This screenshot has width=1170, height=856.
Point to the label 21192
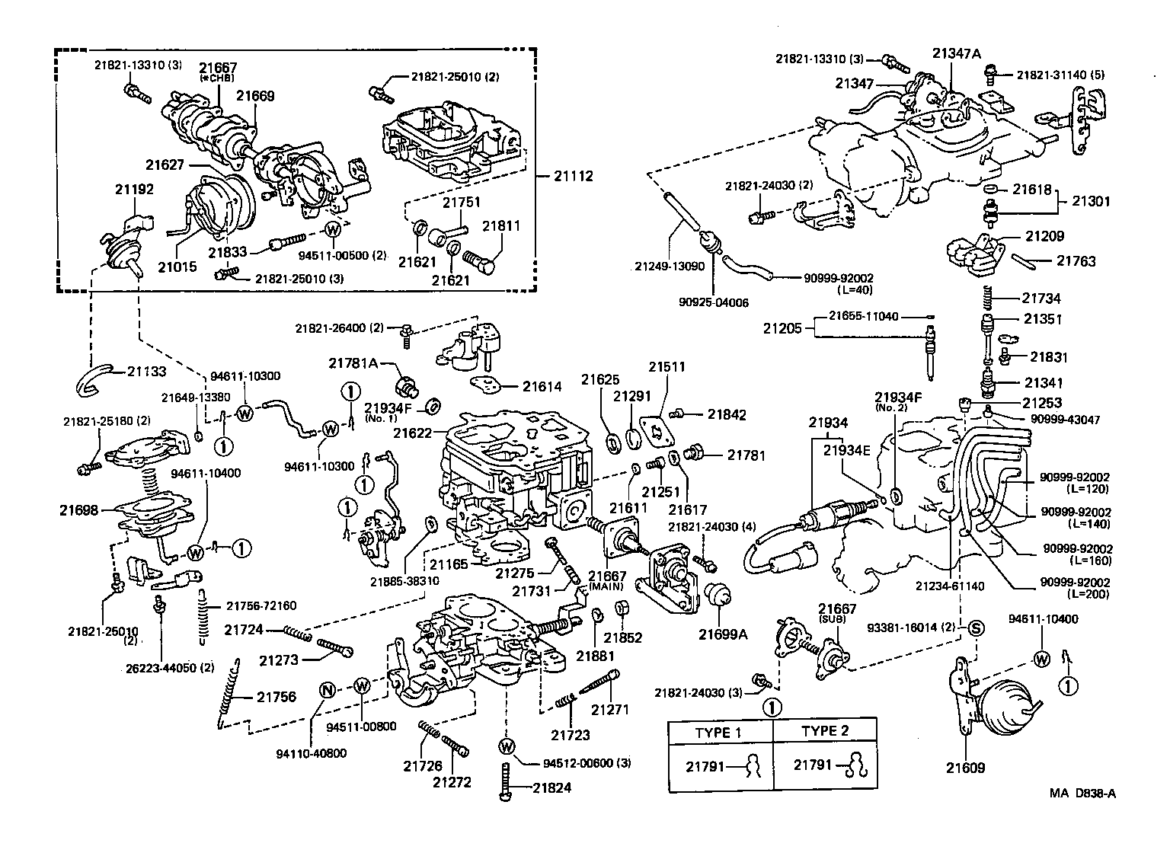point(134,190)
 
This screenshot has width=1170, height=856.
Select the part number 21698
point(78,509)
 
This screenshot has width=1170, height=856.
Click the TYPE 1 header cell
point(718,732)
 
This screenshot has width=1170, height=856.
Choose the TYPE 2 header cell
point(824,732)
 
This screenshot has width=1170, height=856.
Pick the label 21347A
point(956,53)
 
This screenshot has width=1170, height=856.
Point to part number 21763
point(1076,261)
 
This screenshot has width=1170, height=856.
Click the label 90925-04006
point(713,302)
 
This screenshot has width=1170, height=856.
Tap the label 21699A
point(723,633)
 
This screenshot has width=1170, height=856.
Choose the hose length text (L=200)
point(1089,594)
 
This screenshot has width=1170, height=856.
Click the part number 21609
point(965,768)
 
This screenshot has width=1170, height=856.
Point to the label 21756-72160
point(261,605)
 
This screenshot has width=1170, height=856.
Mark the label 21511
point(667,366)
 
